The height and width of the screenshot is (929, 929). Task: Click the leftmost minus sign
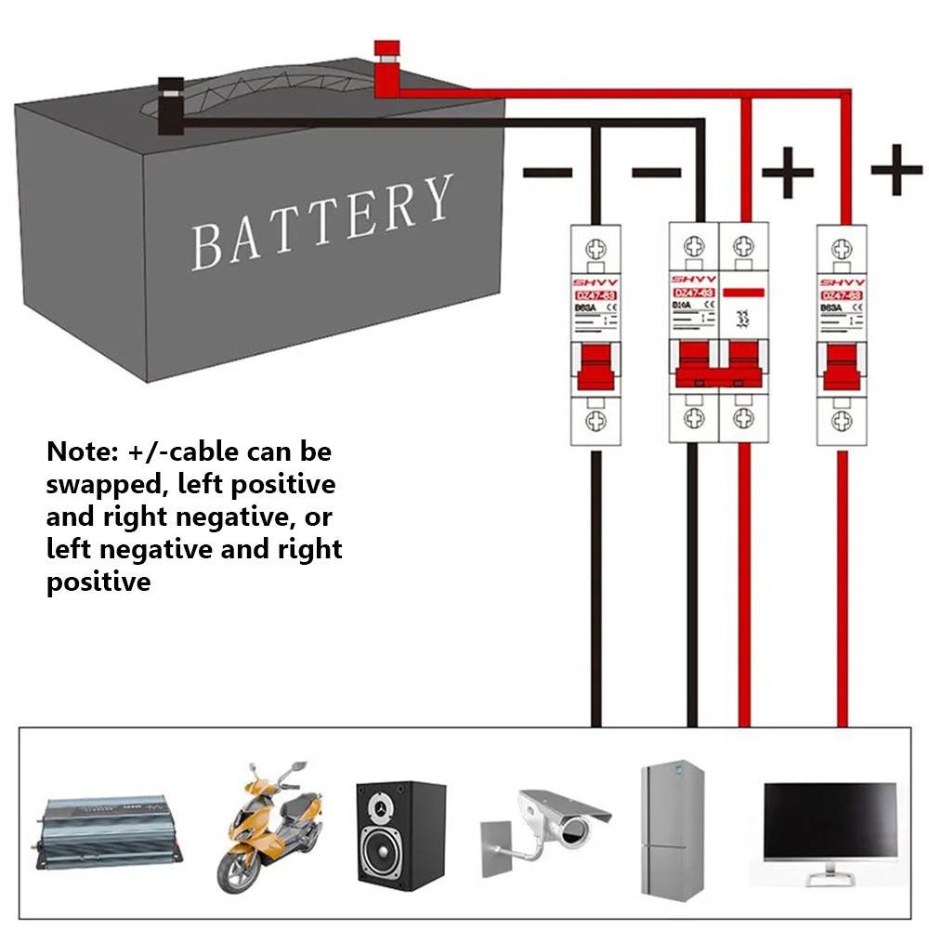pyautogui.click(x=547, y=173)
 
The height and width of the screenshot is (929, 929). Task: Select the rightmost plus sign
pyautogui.click(x=896, y=170)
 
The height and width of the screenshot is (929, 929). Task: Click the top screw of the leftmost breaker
pyautogui.click(x=595, y=248)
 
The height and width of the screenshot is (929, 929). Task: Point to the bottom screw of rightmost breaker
pyautogui.click(x=841, y=421)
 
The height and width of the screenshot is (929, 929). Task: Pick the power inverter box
pyautogui.click(x=111, y=830)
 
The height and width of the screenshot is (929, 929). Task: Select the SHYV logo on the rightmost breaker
pyautogui.click(x=841, y=281)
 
